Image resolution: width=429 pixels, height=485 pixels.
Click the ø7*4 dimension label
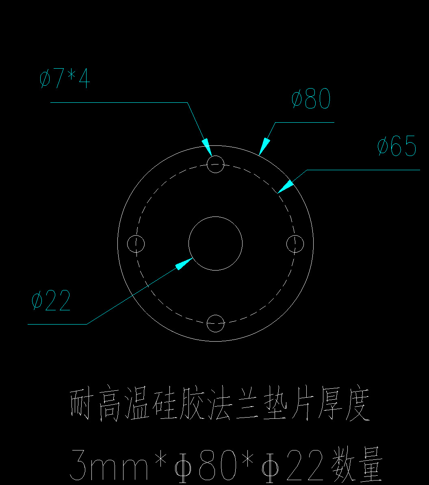click(x=65, y=78)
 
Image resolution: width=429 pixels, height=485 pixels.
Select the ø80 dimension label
click(x=311, y=98)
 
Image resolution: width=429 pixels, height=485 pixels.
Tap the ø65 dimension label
click(x=397, y=146)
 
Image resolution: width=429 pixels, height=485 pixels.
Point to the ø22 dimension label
click(x=51, y=300)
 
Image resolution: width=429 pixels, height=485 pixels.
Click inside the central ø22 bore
click(x=216, y=243)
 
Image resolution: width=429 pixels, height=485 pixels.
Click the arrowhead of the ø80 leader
click(x=264, y=147)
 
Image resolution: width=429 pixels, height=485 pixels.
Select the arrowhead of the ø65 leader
click(x=285, y=187)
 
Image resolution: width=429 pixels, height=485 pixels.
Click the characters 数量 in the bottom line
click(x=357, y=465)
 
